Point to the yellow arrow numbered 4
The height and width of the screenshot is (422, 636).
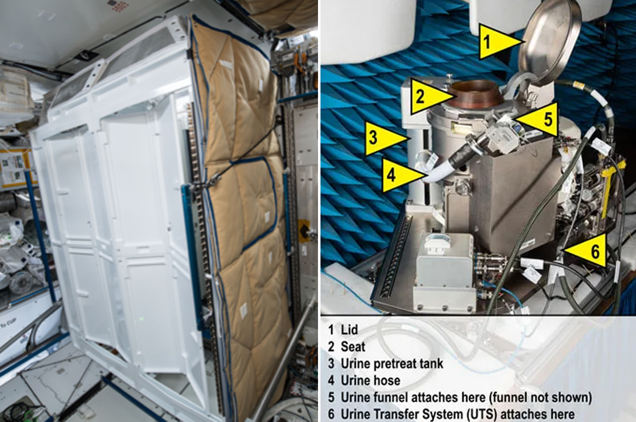[x=400, y=175]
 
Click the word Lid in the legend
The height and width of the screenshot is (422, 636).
[x=349, y=330]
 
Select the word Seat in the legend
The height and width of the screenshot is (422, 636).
[x=353, y=347]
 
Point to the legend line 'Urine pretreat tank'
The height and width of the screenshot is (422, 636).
[x=392, y=363]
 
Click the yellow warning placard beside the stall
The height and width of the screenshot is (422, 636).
[x=303, y=231]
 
